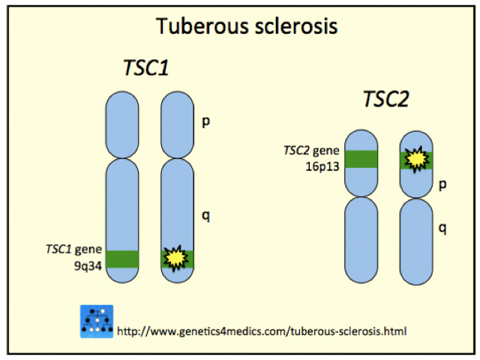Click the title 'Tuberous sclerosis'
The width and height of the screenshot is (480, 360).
tap(247, 26)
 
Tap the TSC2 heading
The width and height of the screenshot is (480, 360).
tap(385, 99)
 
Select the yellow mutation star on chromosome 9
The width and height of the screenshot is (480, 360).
tap(175, 257)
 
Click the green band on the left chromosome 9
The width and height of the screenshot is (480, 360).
tap(121, 258)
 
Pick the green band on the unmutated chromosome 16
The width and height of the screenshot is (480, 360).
tap(360, 159)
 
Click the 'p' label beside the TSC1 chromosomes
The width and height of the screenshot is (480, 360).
tap(205, 121)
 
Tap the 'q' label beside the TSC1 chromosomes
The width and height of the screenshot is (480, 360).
tap(205, 215)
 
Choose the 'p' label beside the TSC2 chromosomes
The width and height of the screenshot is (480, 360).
tap(442, 184)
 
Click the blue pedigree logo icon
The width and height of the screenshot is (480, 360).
tap(97, 321)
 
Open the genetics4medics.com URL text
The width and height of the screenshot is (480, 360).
tap(262, 330)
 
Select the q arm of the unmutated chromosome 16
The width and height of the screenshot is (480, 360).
tap(360, 238)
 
